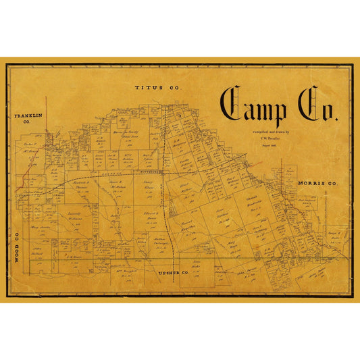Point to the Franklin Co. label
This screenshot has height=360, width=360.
[x=28, y=119]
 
